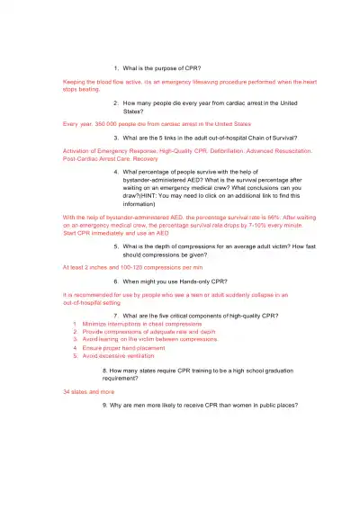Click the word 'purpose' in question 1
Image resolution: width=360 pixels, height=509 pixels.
[167, 68]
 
